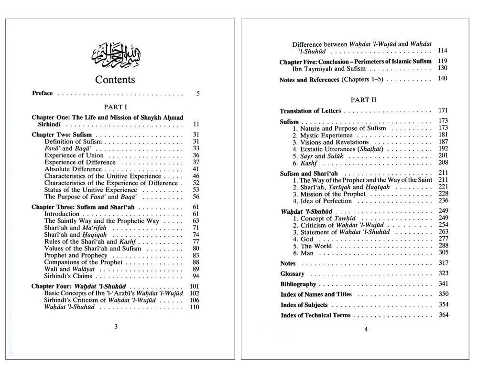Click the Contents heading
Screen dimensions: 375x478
coord(115,80)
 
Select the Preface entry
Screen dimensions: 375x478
coord(43,93)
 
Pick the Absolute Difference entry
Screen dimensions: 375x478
coord(73,169)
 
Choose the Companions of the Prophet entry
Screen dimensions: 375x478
coord(84,262)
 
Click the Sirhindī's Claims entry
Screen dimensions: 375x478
coord(68,276)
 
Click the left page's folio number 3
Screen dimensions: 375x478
coord(116,327)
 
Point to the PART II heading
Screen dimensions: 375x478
coord(363,100)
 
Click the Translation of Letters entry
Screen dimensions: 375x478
coord(310,111)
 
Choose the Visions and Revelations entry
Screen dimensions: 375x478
coord(330,142)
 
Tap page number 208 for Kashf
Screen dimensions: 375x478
coord(442,163)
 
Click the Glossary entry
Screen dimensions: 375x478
coord(293,274)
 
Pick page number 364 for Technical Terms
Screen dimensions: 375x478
coord(443,315)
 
